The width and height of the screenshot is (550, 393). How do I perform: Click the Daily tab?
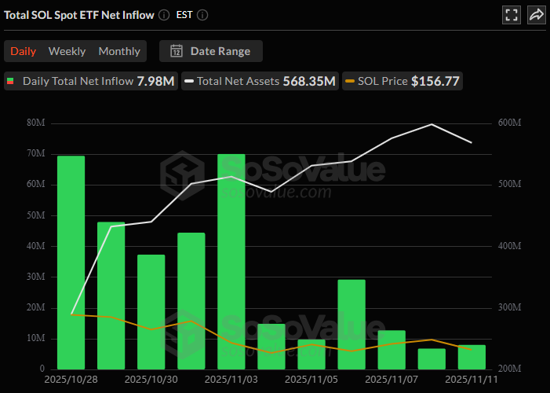(x=23, y=51)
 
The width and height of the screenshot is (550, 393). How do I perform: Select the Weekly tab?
(x=67, y=51)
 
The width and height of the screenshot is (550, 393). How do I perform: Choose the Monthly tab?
(x=119, y=51)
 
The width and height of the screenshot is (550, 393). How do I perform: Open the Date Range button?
(x=210, y=51)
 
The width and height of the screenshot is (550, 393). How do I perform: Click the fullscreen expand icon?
(x=512, y=15)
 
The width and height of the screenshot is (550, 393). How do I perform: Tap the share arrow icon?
(x=536, y=15)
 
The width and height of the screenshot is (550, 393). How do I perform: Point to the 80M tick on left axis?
(x=35, y=123)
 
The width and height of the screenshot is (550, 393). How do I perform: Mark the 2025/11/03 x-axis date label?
(x=231, y=379)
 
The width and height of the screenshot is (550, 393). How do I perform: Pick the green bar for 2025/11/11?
(x=472, y=357)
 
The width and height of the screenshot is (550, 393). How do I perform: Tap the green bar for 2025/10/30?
(x=151, y=311)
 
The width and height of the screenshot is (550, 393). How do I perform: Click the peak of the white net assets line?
(x=432, y=124)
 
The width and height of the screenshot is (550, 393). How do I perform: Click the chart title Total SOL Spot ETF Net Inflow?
(x=79, y=15)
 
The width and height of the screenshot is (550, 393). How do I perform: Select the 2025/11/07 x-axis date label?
(x=392, y=379)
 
